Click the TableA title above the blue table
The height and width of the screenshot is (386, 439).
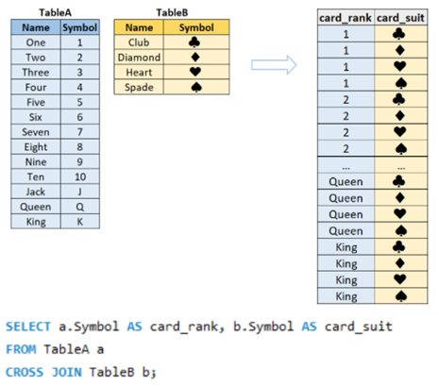(x=55, y=12)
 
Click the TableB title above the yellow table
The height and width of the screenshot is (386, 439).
(x=172, y=12)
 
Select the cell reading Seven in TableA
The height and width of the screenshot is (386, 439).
(x=36, y=132)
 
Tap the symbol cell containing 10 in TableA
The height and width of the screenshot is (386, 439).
(x=80, y=176)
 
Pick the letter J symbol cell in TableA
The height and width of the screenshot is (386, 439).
(x=80, y=192)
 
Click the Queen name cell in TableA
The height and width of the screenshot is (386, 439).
(x=36, y=207)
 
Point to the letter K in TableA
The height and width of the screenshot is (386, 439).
(x=80, y=222)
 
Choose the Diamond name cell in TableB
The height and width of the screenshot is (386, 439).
(x=139, y=58)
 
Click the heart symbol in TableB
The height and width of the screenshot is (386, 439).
(x=195, y=72)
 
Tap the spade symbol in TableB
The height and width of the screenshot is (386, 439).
(x=196, y=87)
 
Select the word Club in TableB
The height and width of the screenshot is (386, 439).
(x=139, y=42)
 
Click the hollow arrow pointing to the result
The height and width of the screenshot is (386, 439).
(x=274, y=65)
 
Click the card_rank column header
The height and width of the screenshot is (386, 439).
(x=346, y=18)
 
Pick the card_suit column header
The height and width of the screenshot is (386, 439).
(x=400, y=18)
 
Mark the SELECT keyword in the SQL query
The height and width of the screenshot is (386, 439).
(x=28, y=327)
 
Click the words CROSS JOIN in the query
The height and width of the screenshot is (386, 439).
(x=43, y=373)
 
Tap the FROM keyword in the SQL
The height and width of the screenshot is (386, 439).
(x=21, y=349)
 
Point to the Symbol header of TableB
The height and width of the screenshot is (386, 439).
(x=196, y=27)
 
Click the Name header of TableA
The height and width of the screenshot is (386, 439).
(x=36, y=27)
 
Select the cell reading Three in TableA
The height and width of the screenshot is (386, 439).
(x=36, y=73)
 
